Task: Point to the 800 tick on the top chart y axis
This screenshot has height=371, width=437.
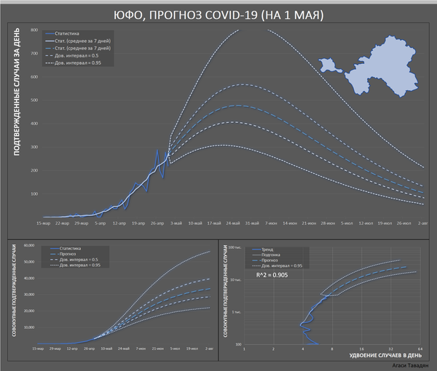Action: point(34,30)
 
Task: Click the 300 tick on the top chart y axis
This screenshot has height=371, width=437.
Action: point(34,147)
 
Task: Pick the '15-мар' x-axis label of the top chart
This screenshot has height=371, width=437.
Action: point(42,223)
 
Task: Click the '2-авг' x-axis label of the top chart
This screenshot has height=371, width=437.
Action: point(422,223)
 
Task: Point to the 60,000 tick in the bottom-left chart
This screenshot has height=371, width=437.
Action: point(30,245)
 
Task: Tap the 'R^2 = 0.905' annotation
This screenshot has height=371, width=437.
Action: point(274,276)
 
